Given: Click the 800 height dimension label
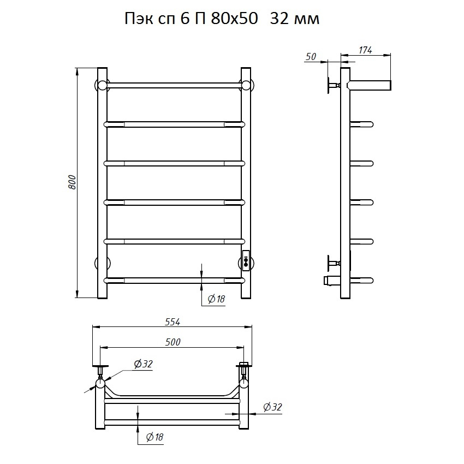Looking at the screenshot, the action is pyautogui.click(x=73, y=182).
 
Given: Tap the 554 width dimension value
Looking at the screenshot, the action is pyautogui.click(x=172, y=322).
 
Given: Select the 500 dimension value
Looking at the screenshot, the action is pyautogui.click(x=173, y=342).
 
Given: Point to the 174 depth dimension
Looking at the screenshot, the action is pyautogui.click(x=365, y=50).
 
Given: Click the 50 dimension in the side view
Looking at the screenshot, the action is pyautogui.click(x=311, y=57).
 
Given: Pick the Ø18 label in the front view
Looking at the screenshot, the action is pyautogui.click(x=216, y=299).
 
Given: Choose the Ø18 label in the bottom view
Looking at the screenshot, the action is pyautogui.click(x=155, y=437).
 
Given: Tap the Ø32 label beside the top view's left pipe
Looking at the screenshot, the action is pyautogui.click(x=143, y=364).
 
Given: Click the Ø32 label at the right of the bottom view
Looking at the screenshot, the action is pyautogui.click(x=272, y=407).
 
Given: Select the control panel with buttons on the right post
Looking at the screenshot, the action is pyautogui.click(x=246, y=261).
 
